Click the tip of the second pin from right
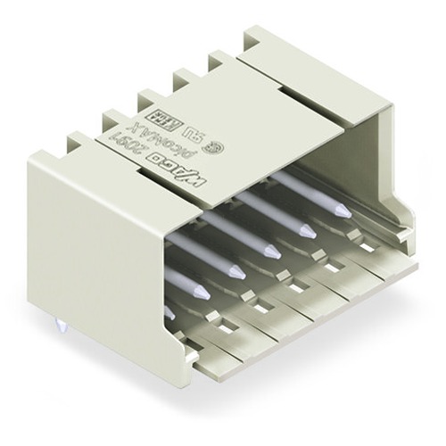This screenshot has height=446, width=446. pos(307,231)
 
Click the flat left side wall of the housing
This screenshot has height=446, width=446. pos(89,241)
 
